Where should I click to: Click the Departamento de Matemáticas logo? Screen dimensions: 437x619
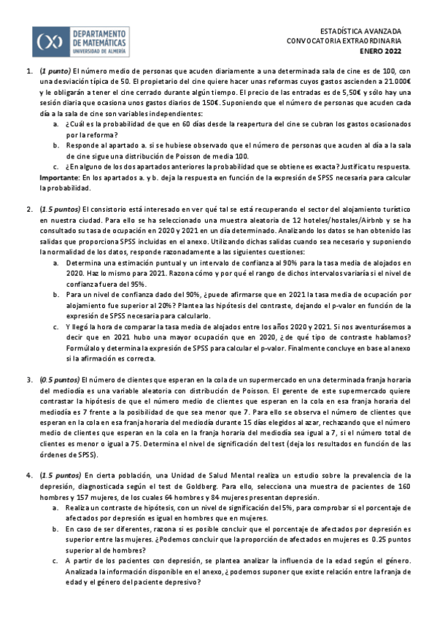click(81, 42)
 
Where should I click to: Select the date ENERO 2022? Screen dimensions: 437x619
click(380, 52)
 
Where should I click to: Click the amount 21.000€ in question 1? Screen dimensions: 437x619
click(401, 82)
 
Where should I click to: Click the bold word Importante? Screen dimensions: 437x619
click(59, 177)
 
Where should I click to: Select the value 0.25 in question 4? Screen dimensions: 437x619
click(380, 540)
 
